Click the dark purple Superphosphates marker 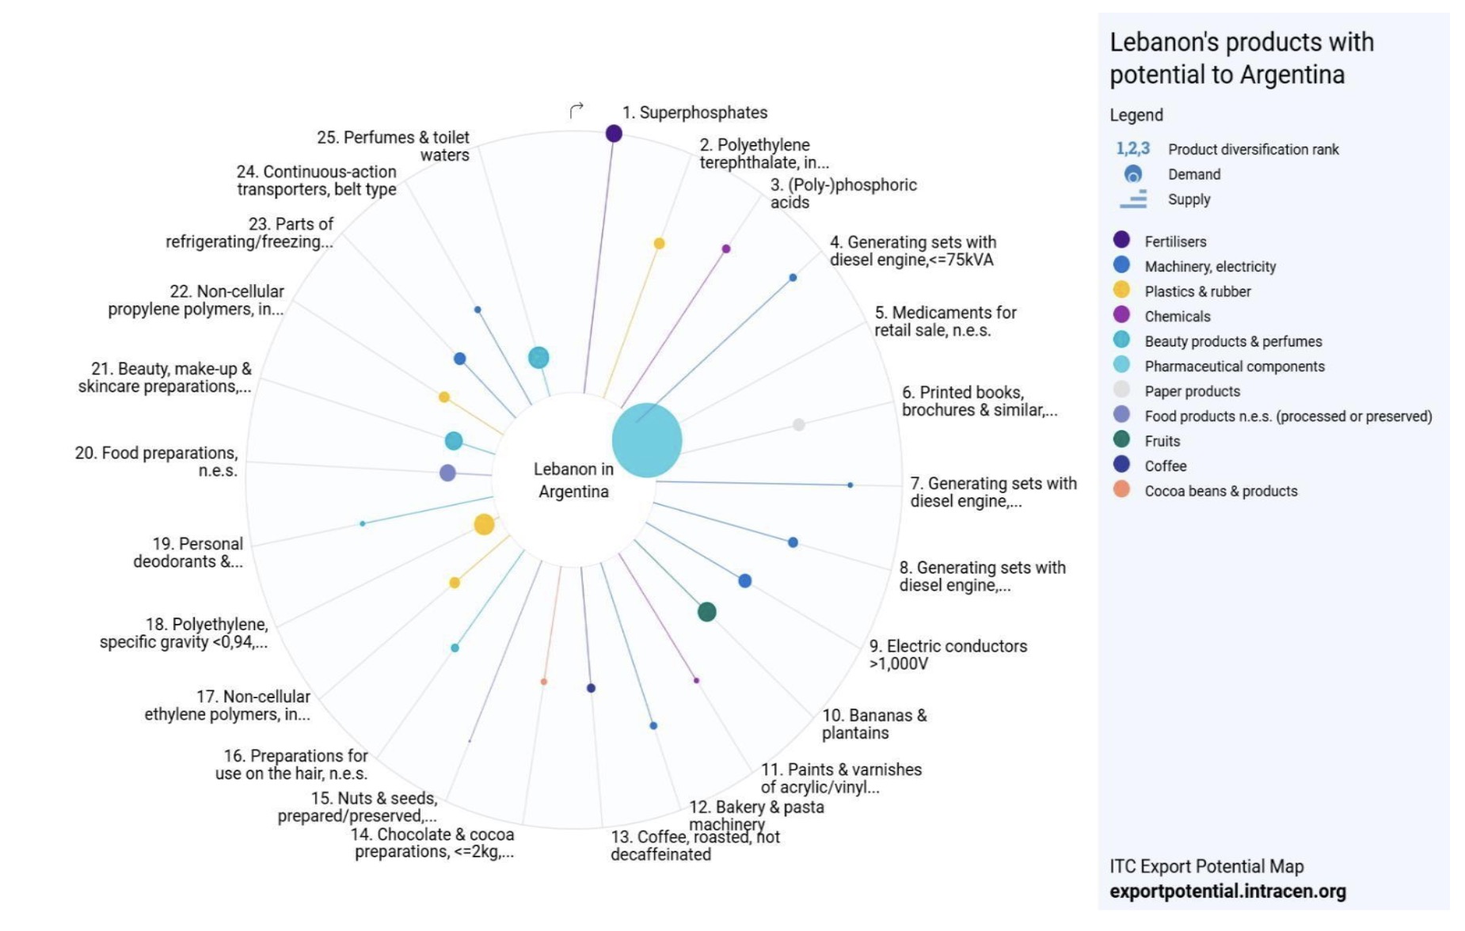click(614, 134)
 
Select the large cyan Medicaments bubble click(647, 440)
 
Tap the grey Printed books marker click(799, 425)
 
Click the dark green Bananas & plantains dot click(707, 612)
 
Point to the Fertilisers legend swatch click(1121, 240)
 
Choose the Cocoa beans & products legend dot click(1121, 489)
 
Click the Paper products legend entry click(1192, 391)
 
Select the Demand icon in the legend click(1133, 174)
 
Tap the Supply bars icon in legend click(1133, 199)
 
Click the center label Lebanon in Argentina click(573, 480)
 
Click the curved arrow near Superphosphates click(576, 110)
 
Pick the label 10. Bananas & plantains click(873, 724)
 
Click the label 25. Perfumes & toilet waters click(394, 146)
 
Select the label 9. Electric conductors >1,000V click(947, 655)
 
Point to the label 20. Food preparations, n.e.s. click(157, 462)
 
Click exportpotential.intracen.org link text click(1227, 891)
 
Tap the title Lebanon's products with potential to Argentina click(1241, 58)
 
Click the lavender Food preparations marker click(447, 473)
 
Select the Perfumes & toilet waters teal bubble click(538, 358)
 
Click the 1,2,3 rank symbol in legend click(1132, 149)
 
